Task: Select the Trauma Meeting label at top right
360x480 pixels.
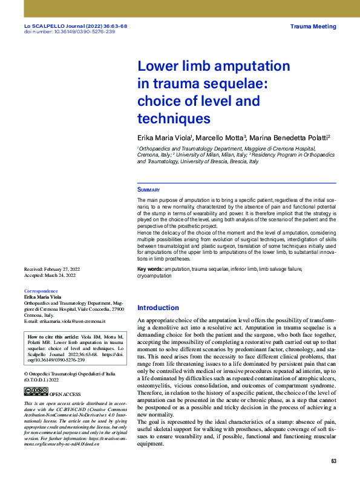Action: coord(313,27)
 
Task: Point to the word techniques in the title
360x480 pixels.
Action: coord(174,118)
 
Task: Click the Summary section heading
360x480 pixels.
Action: coord(148,190)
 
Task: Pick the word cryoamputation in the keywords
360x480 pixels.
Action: coord(154,275)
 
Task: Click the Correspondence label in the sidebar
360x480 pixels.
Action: coord(42,291)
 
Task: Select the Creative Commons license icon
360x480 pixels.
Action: coord(36,392)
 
